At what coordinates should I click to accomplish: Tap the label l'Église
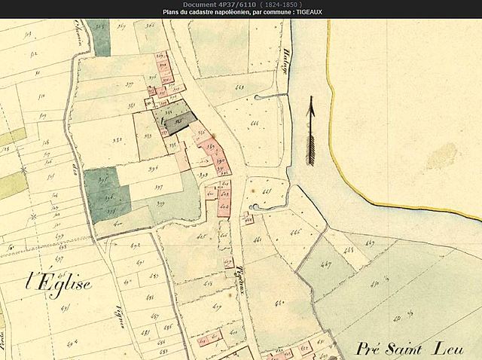tap(59, 282)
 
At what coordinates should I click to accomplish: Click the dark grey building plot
tap(178, 123)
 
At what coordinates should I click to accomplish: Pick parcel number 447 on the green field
tap(325, 266)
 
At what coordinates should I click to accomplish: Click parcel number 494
tap(72, 341)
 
